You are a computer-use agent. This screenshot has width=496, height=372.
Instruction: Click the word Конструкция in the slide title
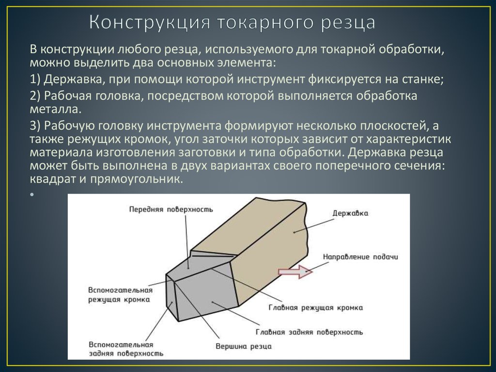[149, 22]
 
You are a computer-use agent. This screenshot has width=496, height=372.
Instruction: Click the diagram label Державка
[350, 213]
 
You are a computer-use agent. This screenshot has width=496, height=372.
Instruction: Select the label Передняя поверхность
[171, 209]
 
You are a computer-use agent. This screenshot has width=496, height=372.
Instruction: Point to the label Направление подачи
[360, 257]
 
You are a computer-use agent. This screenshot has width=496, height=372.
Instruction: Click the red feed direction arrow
[295, 272]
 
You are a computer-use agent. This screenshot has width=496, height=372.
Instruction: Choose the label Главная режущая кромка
[315, 307]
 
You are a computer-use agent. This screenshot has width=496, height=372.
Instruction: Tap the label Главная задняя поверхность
[309, 332]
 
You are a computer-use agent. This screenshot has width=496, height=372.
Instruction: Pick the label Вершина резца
[244, 346]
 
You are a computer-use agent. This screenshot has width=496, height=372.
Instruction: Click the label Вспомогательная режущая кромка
[120, 295]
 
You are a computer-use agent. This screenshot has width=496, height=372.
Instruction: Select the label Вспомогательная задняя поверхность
[126, 349]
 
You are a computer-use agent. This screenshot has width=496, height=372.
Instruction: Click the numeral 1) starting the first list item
[35, 79]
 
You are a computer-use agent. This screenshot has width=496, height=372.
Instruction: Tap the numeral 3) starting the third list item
[35, 126]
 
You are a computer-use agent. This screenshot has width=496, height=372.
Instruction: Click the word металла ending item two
[56, 109]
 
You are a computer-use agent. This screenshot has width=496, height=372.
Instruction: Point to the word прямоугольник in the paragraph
[137, 179]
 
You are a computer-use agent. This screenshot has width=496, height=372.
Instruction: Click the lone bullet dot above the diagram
[32, 194]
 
